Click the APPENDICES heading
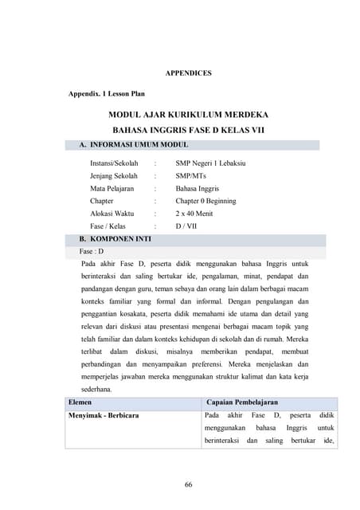[188, 73]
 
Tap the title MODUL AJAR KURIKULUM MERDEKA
[188, 115]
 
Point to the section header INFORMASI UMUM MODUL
[139, 145]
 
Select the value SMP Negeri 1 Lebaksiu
[211, 163]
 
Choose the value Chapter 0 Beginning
[205, 202]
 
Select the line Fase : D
[92, 251]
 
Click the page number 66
[189, 485]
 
